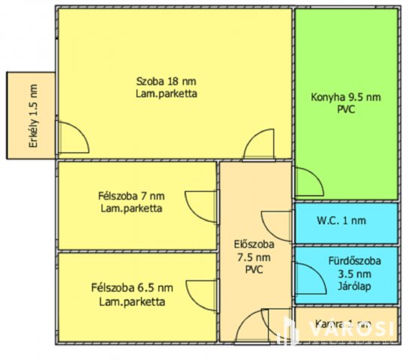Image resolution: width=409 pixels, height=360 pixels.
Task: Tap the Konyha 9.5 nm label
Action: point(345,97)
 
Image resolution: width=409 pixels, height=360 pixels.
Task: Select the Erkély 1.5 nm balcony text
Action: point(32,116)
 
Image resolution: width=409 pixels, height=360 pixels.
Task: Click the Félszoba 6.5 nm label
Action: point(132,288)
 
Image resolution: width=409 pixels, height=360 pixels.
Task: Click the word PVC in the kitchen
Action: point(345,109)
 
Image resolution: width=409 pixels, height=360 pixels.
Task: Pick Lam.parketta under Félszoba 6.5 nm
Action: point(132,301)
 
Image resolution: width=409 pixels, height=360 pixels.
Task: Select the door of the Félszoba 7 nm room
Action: point(201,205)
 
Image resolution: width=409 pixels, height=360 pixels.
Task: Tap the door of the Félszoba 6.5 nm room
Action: point(201,296)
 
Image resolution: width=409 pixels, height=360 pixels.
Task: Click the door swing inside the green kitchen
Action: point(307,183)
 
